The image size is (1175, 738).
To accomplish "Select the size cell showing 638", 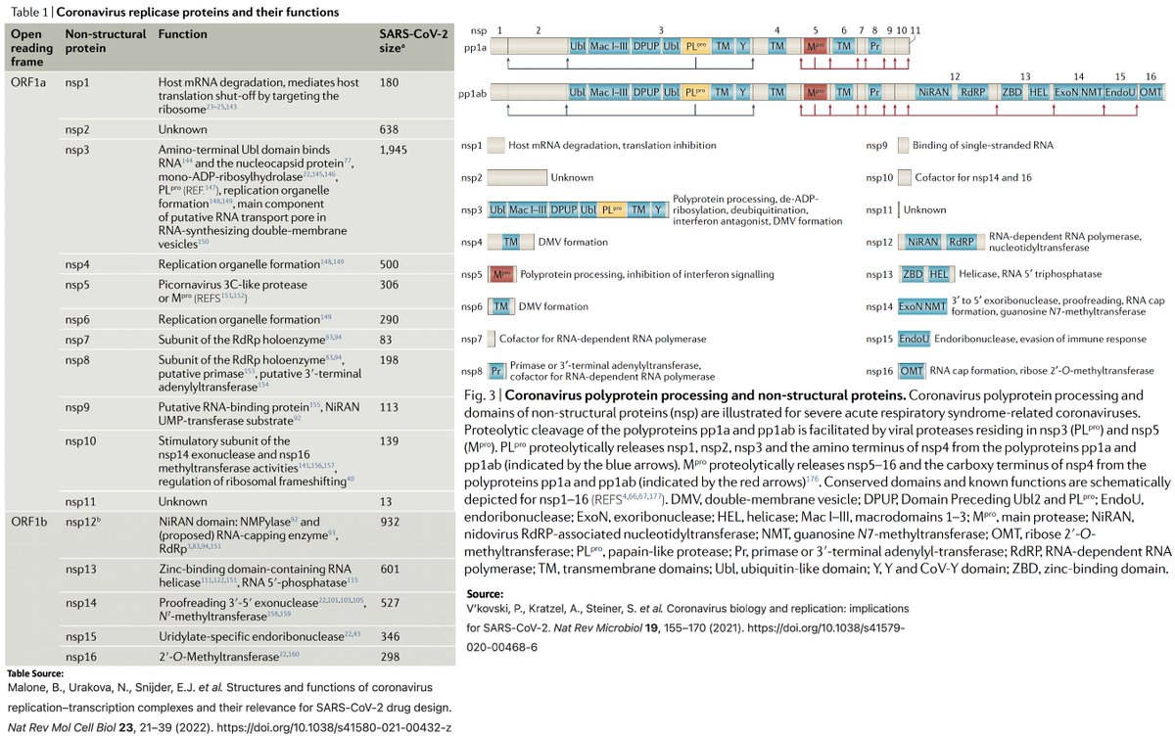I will (389, 128).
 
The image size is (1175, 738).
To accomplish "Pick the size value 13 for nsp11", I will (385, 501).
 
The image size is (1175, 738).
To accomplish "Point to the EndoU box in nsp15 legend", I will (914, 339).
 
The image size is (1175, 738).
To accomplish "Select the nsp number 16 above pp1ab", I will (1151, 75).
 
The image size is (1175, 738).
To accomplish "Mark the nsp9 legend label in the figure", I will (877, 145).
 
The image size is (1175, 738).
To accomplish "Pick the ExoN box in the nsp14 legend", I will (910, 306).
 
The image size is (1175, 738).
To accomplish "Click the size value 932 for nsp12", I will (389, 522).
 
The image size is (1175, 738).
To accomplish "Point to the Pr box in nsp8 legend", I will (496, 371).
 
